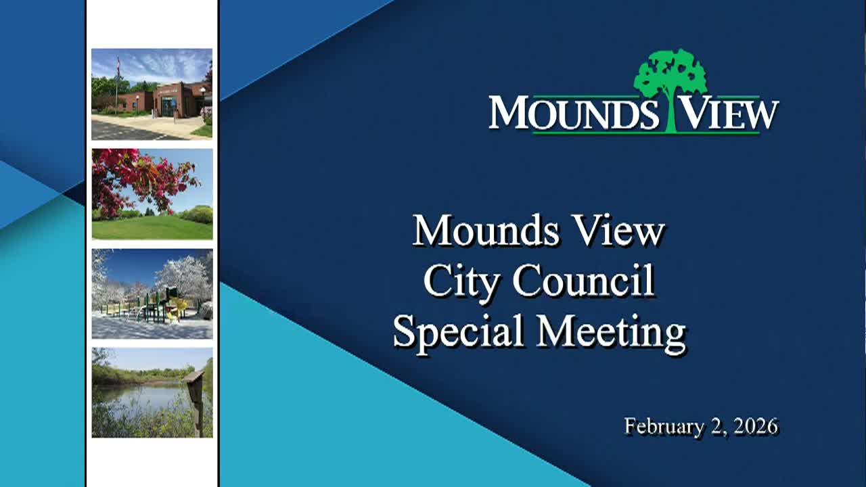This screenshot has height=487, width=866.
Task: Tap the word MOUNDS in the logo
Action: click(574, 114)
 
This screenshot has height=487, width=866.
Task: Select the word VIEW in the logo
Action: click(728, 114)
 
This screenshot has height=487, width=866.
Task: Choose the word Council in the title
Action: click(583, 281)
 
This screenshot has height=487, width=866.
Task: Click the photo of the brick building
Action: click(152, 94)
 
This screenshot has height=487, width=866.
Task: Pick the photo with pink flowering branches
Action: click(152, 193)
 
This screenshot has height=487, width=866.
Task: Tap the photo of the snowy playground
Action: click(152, 294)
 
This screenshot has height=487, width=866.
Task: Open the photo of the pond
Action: click(152, 392)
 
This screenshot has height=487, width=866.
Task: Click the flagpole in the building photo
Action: click(116, 85)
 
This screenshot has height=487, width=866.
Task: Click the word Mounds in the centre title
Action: click(486, 231)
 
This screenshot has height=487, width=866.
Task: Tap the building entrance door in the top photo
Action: click(166, 106)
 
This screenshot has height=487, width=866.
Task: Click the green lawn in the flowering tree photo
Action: click(152, 228)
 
